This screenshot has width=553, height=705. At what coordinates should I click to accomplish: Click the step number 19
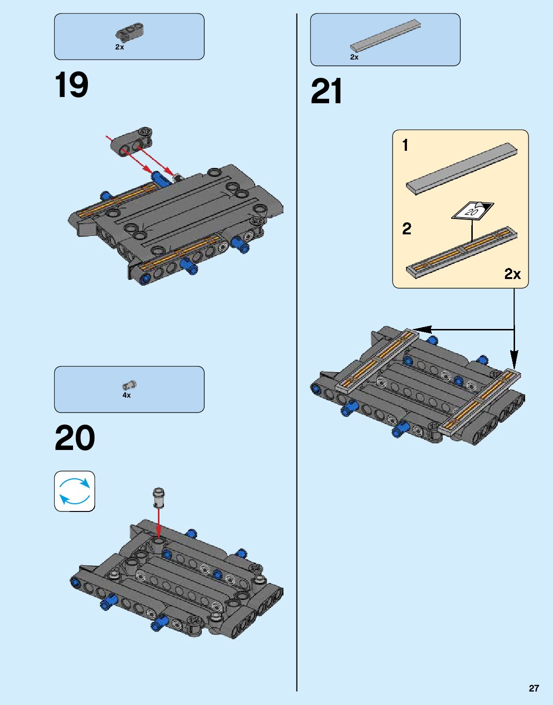tap(72, 85)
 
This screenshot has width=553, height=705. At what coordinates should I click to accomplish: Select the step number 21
tap(327, 91)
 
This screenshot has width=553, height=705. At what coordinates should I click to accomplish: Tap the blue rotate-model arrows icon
tap(74, 491)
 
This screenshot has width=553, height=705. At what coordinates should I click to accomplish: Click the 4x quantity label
tap(126, 395)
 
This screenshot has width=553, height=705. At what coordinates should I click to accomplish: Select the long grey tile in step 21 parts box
tap(385, 36)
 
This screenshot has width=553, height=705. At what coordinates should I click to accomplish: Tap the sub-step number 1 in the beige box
tap(405, 145)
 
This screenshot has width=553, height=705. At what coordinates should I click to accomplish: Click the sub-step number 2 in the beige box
tap(406, 229)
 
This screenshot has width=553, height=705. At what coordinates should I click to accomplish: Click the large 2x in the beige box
tap(513, 274)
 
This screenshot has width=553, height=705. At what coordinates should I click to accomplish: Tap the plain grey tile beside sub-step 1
tap(462, 169)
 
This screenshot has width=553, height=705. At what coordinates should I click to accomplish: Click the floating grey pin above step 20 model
tap(159, 497)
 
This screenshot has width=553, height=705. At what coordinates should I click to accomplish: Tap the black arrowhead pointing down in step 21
tap(514, 360)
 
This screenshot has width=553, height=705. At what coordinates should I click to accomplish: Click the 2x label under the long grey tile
tap(355, 57)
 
